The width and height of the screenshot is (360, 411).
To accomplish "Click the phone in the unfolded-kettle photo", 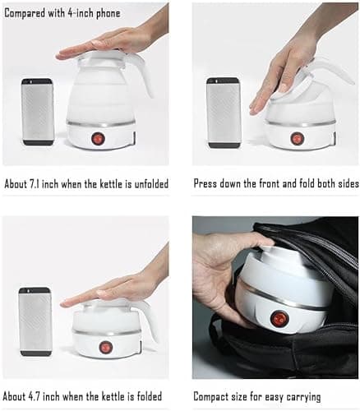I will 38,112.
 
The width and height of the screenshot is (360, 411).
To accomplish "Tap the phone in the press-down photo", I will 222,112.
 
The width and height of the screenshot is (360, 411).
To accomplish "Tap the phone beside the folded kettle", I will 35,321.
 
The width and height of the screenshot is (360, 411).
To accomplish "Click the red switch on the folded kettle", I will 106,347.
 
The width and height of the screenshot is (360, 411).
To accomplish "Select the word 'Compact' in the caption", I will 215,397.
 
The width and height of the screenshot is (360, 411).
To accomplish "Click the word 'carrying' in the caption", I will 333,397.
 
